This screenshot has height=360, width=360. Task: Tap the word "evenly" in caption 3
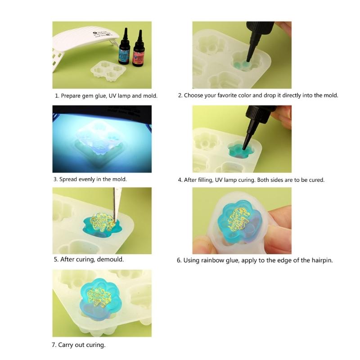click(87, 179)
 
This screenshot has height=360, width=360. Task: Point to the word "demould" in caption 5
click(110, 260)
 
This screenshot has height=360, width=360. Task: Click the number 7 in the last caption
click(54, 345)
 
